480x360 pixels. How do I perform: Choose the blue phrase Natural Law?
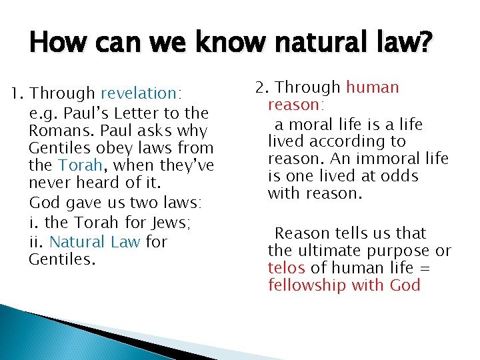[x=95, y=241]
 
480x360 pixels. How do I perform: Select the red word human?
[x=372, y=87]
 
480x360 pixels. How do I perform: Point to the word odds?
[x=397, y=176]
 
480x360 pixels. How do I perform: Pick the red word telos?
[x=287, y=268]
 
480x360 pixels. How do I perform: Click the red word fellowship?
[x=305, y=285]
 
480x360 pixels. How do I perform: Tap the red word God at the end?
[x=405, y=285]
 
